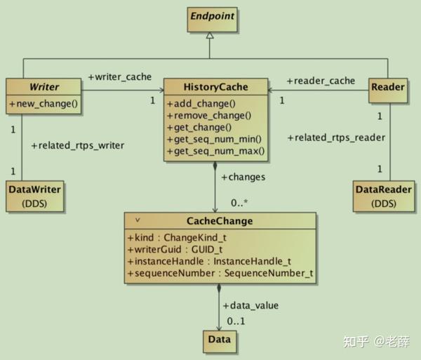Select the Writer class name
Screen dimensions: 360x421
pyautogui.click(x=44, y=88)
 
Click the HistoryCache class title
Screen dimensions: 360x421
pyautogui.click(x=215, y=88)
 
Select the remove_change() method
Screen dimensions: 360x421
pyautogui.click(x=208, y=115)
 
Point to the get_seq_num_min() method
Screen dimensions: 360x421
pyautogui.click(x=215, y=138)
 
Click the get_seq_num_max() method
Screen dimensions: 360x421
pyautogui.click(x=215, y=150)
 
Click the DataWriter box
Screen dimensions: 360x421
pyautogui.click(x=34, y=196)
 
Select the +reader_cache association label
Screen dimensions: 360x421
pyautogui.click(x=321, y=81)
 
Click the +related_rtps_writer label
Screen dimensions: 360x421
pyautogui.click(x=78, y=145)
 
